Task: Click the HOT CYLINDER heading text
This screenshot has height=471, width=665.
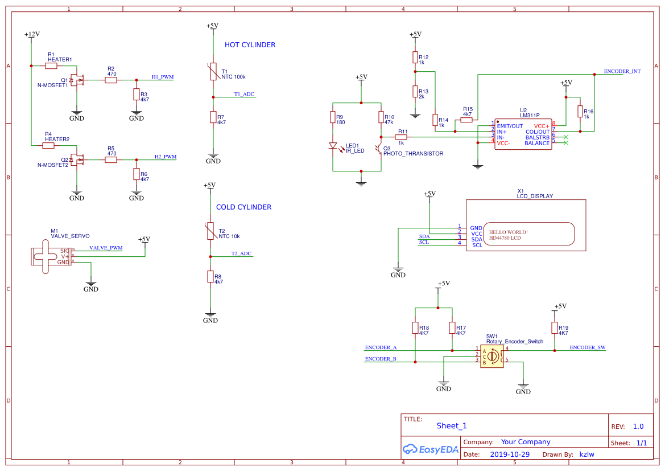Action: [x=250, y=45]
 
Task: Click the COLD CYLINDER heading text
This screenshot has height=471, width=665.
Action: [x=243, y=207]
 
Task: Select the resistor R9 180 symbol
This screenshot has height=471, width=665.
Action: [x=333, y=118]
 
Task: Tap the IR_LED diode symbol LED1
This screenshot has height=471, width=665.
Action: [x=333, y=146]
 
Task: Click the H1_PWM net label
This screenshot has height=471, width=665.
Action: [x=163, y=77]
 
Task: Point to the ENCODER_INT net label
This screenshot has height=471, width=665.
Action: [x=622, y=72]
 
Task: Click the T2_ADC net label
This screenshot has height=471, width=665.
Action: [x=241, y=253]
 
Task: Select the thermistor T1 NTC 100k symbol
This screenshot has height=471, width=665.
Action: [x=213, y=72]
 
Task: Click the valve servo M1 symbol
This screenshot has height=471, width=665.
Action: [x=50, y=256]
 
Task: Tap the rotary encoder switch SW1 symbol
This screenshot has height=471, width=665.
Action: [x=491, y=356]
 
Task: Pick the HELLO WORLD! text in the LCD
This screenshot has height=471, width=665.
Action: [x=509, y=232]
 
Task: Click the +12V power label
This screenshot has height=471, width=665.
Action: [x=32, y=35]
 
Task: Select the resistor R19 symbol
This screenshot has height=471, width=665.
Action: [x=555, y=328]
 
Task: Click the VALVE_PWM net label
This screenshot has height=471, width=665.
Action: [x=106, y=248]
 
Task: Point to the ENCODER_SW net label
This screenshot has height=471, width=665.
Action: [x=588, y=347]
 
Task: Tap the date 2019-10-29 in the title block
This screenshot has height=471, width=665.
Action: [x=510, y=454]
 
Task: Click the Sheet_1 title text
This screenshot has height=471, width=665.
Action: [x=452, y=426]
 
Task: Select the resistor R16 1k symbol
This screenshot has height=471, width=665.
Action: [x=580, y=112]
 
